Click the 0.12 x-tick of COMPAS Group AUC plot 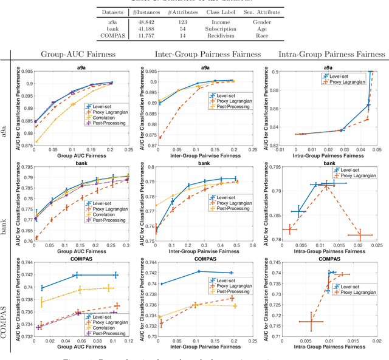coord(128,341)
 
